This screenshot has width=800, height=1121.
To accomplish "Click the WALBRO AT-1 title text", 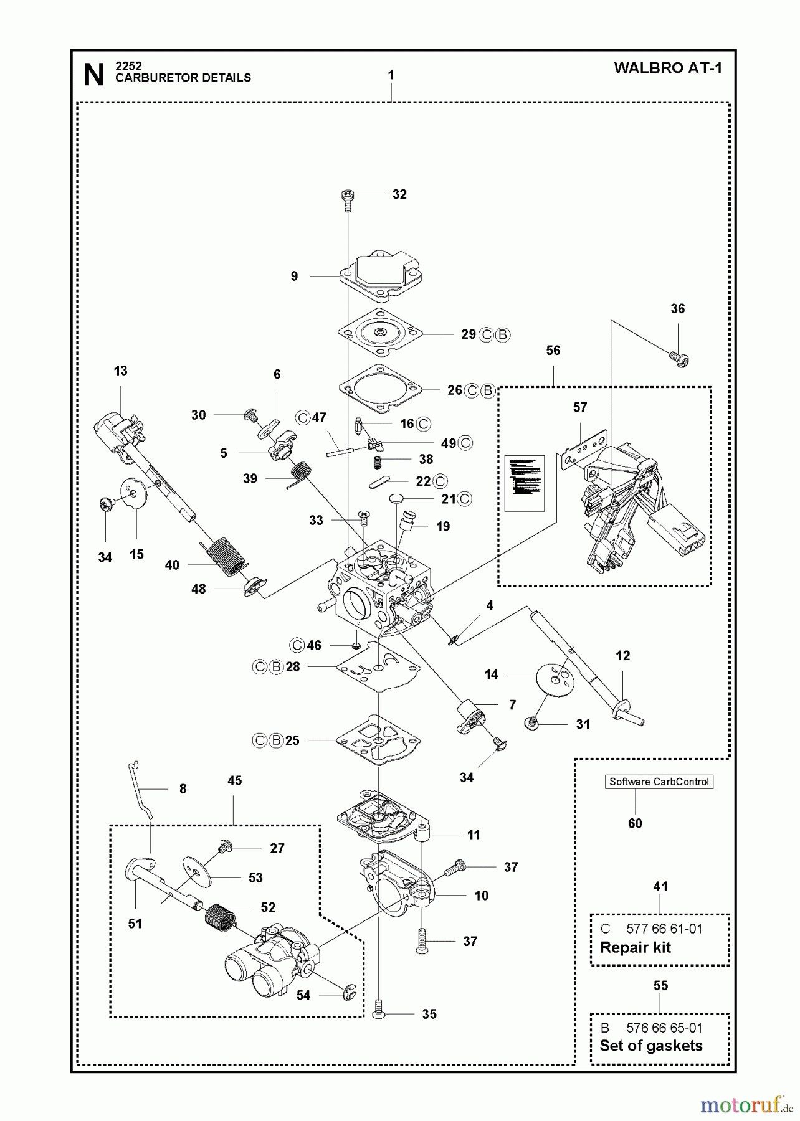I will pos(667,68).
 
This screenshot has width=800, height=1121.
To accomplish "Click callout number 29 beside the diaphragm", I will pos(468,334).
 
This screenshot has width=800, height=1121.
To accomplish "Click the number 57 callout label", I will pos(579,407).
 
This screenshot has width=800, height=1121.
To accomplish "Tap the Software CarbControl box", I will pos(659,782).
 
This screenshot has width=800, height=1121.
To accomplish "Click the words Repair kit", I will pos(635,947).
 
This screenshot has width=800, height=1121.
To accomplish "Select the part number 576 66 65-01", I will pos(664,1028).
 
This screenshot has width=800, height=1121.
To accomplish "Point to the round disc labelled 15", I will pos(132,492).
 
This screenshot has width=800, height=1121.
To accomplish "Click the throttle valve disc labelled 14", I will pos(553,676).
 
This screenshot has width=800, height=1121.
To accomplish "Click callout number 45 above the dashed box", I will pos(234,781).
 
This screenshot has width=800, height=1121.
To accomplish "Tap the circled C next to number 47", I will pos(303,418).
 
